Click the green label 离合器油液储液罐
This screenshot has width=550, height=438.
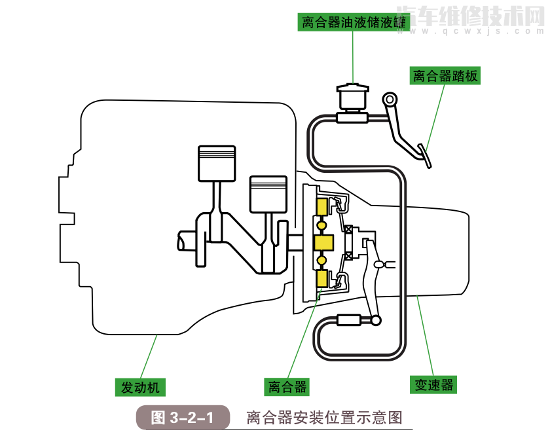[x=353, y=23]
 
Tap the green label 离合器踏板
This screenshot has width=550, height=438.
[x=445, y=76]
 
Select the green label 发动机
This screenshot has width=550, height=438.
[x=140, y=387]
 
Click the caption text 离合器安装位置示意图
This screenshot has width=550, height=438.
[x=323, y=418]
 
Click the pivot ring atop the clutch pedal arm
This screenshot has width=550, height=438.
[x=391, y=100]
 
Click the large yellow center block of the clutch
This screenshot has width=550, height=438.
[x=324, y=243]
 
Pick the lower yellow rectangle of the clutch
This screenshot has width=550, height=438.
[x=322, y=280]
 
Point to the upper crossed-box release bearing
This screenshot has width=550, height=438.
[x=350, y=230]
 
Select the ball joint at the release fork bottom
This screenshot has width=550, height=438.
[x=375, y=321]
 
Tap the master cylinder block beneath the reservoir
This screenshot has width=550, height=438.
[x=352, y=117]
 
